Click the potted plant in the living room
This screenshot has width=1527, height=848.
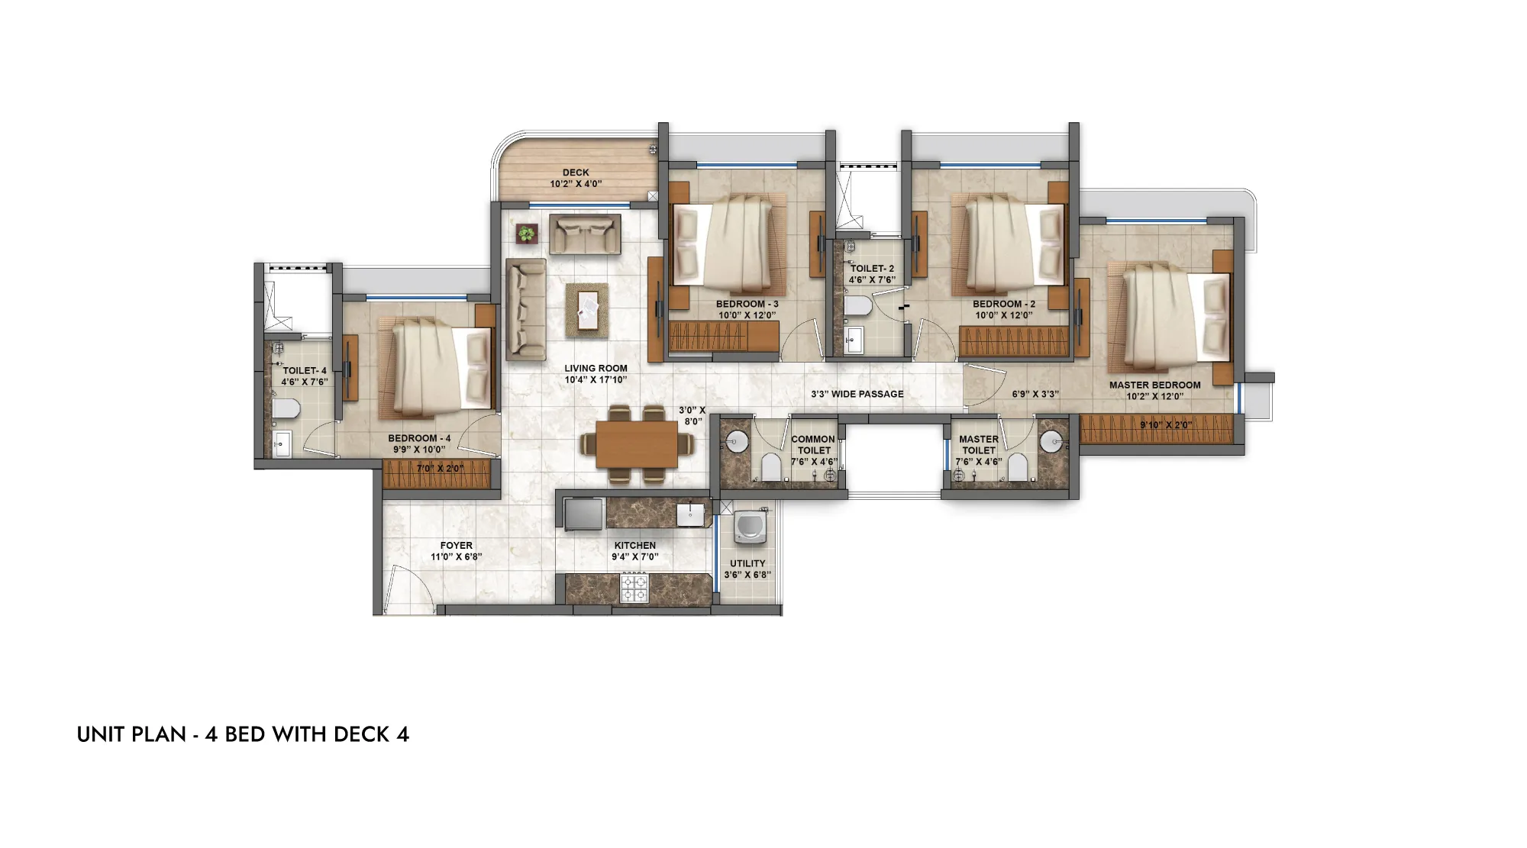pyautogui.click(x=527, y=233)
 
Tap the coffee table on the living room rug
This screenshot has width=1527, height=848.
pyautogui.click(x=587, y=311)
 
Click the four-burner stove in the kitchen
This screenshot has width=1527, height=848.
pyautogui.click(x=634, y=588)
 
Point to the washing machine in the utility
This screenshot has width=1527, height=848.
pyautogui.click(x=748, y=530)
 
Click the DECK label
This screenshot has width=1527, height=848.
pyautogui.click(x=576, y=173)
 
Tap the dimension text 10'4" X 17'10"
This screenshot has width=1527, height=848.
pyautogui.click(x=596, y=379)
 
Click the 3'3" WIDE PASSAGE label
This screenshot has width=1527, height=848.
pyautogui.click(x=857, y=394)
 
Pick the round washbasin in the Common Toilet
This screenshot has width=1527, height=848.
pyautogui.click(x=737, y=439)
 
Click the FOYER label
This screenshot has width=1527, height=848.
pyautogui.click(x=457, y=546)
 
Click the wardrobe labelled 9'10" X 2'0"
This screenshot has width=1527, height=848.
pyautogui.click(x=1156, y=428)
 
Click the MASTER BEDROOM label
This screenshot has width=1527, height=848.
pyautogui.click(x=1154, y=385)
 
